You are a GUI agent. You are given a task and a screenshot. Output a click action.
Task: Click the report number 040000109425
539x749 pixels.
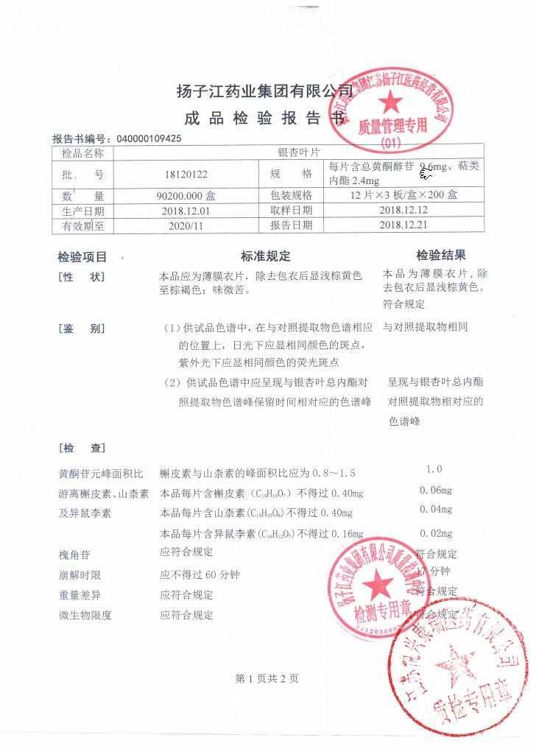coord(149,138)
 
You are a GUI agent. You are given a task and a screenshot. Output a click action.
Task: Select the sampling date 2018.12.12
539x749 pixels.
coord(403,211)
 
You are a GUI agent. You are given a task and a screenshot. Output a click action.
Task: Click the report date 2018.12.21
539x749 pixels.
coord(403,225)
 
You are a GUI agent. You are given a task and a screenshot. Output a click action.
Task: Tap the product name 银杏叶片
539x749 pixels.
coord(297,153)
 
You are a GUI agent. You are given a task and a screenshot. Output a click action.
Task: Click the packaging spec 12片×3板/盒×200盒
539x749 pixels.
coord(404,196)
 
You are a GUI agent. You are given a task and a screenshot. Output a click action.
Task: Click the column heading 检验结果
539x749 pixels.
coord(441,256)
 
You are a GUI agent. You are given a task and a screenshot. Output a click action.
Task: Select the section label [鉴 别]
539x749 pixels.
coord(81,328)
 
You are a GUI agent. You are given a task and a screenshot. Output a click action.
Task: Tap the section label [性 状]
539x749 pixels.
coord(81,277)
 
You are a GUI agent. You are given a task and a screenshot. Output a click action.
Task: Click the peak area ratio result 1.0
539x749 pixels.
coord(434,469)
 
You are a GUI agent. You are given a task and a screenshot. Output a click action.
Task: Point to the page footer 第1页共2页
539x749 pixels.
coord(267,679)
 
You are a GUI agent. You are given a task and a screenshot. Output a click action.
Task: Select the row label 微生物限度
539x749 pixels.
coord(85,616)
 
